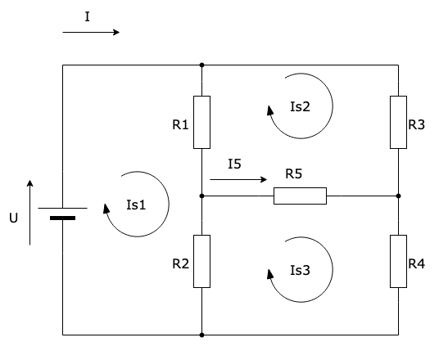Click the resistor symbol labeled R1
click(201, 122)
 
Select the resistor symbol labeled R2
click(201, 261)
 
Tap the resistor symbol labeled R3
click(398, 122)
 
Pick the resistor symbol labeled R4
click(398, 261)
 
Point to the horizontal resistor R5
click(300, 196)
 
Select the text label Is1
click(137, 205)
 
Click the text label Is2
click(301, 106)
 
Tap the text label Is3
click(301, 268)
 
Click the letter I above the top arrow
click(87, 16)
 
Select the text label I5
click(234, 164)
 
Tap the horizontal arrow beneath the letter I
click(91, 33)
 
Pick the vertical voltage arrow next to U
click(30, 212)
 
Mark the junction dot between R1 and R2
click(201, 196)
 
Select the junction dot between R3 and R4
click(398, 196)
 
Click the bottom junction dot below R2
click(201, 335)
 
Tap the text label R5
click(294, 174)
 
